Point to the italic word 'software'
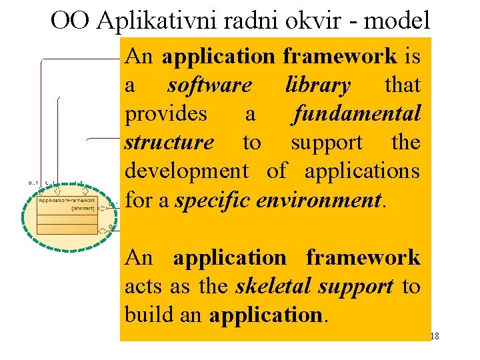click(209, 85)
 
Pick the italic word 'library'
click(317, 85)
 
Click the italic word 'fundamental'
click(357, 114)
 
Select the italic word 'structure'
click(169, 143)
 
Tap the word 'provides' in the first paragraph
click(166, 114)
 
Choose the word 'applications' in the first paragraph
click(362, 171)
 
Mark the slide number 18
click(434, 337)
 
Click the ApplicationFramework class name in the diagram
click(67, 200)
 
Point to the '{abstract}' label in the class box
click(83, 208)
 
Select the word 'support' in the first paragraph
click(327, 143)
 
